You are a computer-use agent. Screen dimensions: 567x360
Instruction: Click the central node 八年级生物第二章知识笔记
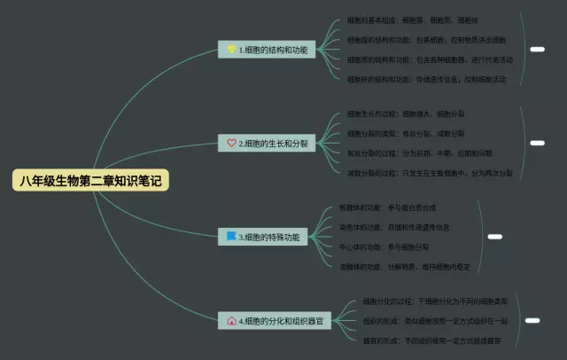click(x=90, y=181)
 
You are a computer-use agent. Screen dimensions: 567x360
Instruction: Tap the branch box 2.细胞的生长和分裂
click(x=267, y=142)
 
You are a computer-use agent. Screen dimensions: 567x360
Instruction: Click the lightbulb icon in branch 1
click(x=231, y=51)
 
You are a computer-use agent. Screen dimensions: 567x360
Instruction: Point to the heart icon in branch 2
click(x=231, y=142)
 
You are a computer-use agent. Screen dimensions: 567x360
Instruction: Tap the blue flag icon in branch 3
click(x=231, y=237)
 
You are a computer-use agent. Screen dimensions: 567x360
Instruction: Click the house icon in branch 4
click(x=231, y=321)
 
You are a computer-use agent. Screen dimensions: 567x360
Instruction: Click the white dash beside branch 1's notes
click(x=537, y=50)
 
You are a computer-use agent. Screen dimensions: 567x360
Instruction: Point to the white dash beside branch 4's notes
click(x=532, y=320)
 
